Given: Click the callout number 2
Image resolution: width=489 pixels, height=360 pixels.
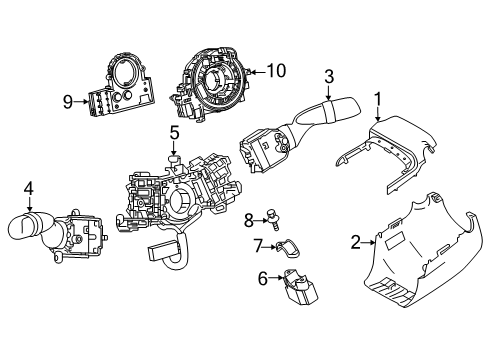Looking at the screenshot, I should tap(356, 241).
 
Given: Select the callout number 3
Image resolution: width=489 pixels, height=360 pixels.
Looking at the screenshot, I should tap(327, 76).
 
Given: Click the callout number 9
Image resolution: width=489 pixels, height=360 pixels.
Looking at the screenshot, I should tap(68, 100).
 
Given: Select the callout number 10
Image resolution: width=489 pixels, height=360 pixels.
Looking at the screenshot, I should tap(276, 71).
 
